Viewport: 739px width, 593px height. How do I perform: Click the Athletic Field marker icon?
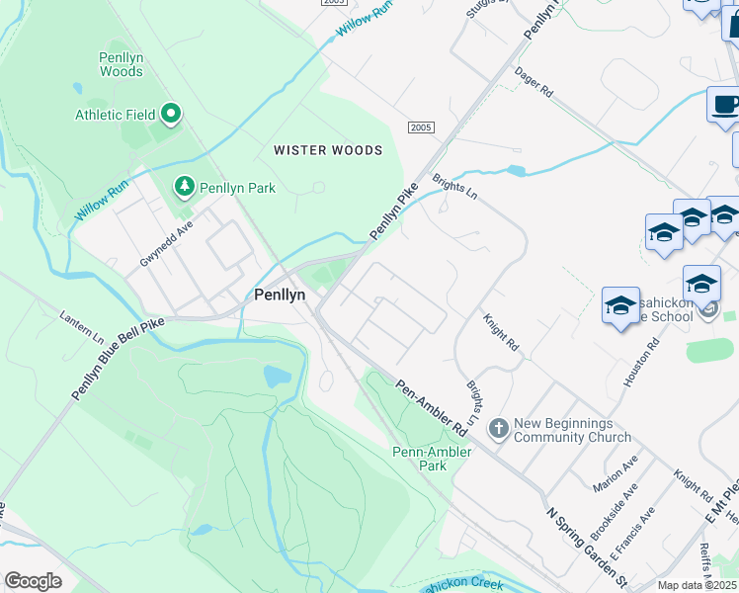(x=170, y=115)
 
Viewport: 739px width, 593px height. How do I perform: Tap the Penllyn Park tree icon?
(x=184, y=186)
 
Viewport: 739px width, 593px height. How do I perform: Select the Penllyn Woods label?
(x=122, y=64)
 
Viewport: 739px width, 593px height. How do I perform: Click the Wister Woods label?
(x=328, y=150)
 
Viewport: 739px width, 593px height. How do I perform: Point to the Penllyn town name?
(x=279, y=294)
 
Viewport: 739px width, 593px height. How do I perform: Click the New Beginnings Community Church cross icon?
(x=499, y=428)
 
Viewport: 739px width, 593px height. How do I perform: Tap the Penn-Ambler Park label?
(x=432, y=459)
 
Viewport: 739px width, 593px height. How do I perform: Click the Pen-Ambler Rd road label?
(x=432, y=408)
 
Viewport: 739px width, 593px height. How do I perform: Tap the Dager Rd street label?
(x=534, y=82)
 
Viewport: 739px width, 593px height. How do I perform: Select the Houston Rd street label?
(x=640, y=364)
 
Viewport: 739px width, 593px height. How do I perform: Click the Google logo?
(x=34, y=581)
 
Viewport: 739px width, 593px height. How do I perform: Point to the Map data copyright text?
(x=698, y=585)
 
